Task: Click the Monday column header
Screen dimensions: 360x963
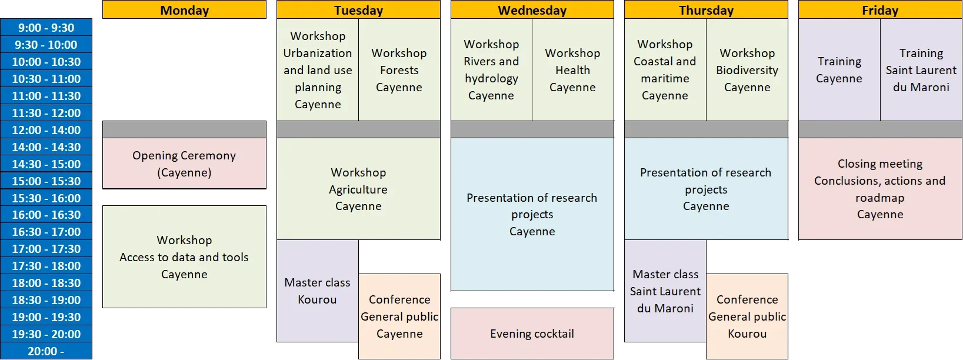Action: tap(184, 10)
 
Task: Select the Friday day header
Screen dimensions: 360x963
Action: tap(880, 10)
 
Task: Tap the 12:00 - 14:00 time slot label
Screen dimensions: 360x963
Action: tap(46, 130)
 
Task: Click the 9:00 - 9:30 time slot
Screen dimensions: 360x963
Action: tap(46, 28)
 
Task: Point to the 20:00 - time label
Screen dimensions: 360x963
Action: tap(46, 351)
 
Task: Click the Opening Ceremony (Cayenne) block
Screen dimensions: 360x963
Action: tap(184, 164)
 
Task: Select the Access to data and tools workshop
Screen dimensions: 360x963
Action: tap(184, 256)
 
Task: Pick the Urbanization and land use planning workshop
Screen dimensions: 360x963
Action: tap(318, 70)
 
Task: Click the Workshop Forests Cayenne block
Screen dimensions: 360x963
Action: tap(399, 70)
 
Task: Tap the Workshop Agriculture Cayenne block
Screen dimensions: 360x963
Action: tap(358, 189)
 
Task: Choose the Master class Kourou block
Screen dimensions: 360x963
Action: tap(318, 291)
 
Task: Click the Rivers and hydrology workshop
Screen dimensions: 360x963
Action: tap(491, 70)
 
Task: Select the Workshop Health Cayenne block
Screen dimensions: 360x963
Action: tap(573, 70)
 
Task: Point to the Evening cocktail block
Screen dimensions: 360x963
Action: tap(532, 334)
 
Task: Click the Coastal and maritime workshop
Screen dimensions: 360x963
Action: tap(665, 70)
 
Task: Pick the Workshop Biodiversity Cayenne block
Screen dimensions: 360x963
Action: tap(747, 70)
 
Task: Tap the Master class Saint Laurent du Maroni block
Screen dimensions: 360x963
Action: tap(665, 291)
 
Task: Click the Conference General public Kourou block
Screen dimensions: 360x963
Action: tap(747, 316)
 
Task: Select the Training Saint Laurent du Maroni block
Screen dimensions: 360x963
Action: tap(921, 70)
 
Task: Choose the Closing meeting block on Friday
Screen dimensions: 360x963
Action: tap(880, 189)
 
